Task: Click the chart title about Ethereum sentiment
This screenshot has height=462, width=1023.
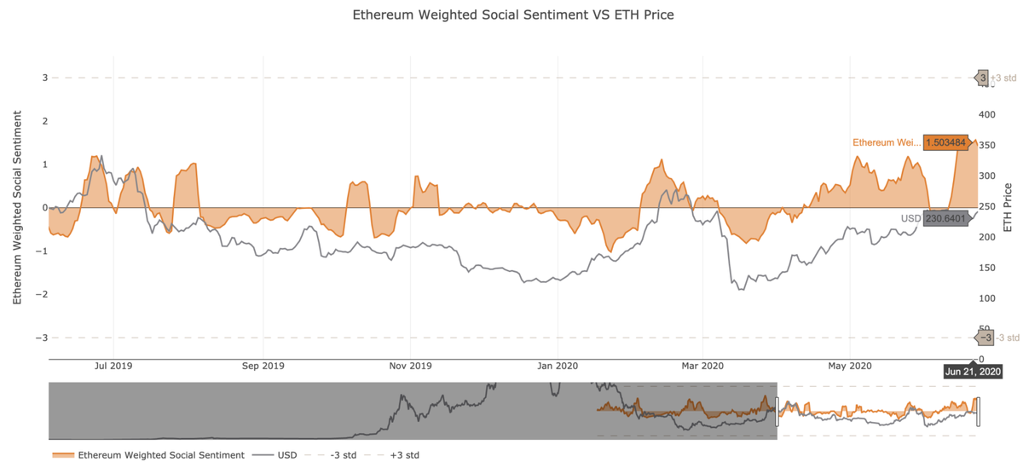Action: point(512,15)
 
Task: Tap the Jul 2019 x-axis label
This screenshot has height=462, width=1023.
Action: point(113,367)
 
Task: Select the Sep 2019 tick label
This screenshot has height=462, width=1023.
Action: point(263,367)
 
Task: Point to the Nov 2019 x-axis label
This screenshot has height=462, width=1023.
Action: point(410,367)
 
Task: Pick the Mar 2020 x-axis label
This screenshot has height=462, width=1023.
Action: point(702,367)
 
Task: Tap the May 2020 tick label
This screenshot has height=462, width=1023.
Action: point(850,367)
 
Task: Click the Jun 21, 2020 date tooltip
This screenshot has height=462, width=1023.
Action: point(973,372)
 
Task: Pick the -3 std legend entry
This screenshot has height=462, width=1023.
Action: point(344,455)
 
